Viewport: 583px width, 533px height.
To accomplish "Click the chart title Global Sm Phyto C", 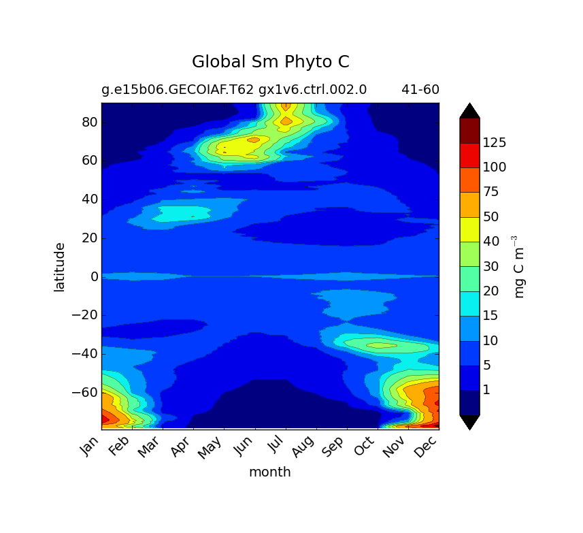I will (x=270, y=62).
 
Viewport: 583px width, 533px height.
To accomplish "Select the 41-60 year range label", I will (x=420, y=89).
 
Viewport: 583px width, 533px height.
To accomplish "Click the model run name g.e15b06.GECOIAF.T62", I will (x=178, y=89).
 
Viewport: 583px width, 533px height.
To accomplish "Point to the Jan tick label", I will (x=89, y=448).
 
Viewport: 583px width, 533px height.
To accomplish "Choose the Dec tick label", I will (x=427, y=448).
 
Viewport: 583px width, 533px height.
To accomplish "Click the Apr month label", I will (x=182, y=448).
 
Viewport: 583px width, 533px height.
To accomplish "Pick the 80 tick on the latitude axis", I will (x=90, y=123).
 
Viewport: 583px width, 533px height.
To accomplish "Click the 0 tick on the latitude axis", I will (x=95, y=276).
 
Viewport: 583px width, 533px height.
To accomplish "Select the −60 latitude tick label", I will (x=84, y=392).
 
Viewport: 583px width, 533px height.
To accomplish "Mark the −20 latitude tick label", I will (x=84, y=315).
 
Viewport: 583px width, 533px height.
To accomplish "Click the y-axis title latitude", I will (x=60, y=267).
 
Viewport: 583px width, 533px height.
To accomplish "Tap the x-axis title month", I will (x=269, y=472).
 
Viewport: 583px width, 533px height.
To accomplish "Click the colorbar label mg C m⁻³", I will (x=520, y=267).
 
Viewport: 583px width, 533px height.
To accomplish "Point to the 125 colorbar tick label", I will (x=494, y=143).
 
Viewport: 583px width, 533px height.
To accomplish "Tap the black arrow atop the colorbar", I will (x=469, y=111).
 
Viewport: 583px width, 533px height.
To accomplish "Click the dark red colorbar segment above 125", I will (x=469, y=131).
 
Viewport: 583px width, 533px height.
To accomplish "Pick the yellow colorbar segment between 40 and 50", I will (x=469, y=229).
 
